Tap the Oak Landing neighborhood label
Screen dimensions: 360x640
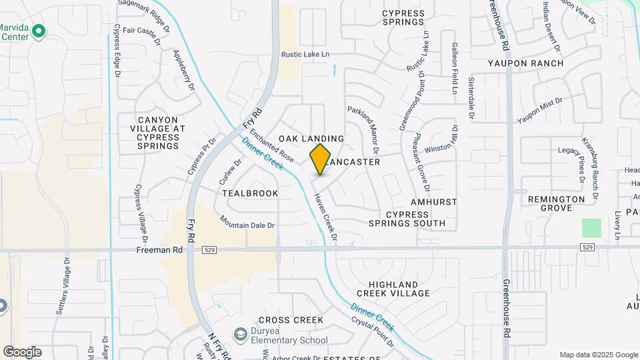point(311,138)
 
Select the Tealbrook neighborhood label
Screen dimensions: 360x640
point(250,193)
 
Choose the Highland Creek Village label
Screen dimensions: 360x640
point(393,289)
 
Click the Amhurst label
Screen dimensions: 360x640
point(434,201)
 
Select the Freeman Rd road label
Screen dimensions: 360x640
point(159,251)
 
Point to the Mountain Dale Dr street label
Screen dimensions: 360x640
point(247,222)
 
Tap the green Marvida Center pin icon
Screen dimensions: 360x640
point(39,31)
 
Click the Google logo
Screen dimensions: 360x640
point(22,351)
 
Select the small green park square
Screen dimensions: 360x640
point(591,228)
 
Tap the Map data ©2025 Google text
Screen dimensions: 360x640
point(597,355)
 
